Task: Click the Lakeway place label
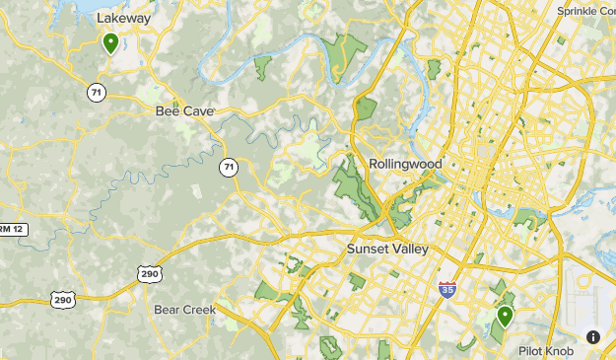coord(123,18)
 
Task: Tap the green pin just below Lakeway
coord(110,43)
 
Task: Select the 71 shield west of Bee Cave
coord(96,92)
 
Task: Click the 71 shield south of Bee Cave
coord(228,167)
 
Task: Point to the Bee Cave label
coord(184,111)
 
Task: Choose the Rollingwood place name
coord(405,164)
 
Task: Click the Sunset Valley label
coord(387,250)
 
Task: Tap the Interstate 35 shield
coord(446,288)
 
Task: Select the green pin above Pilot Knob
coord(505,317)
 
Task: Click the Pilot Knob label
coord(546,350)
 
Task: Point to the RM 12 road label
coord(11,229)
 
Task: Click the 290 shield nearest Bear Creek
coord(148,273)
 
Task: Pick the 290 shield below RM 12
coord(63,300)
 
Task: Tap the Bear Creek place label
coord(184,310)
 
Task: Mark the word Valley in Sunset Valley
coord(410,250)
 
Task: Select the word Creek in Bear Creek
coord(199,310)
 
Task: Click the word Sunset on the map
coord(368,250)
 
